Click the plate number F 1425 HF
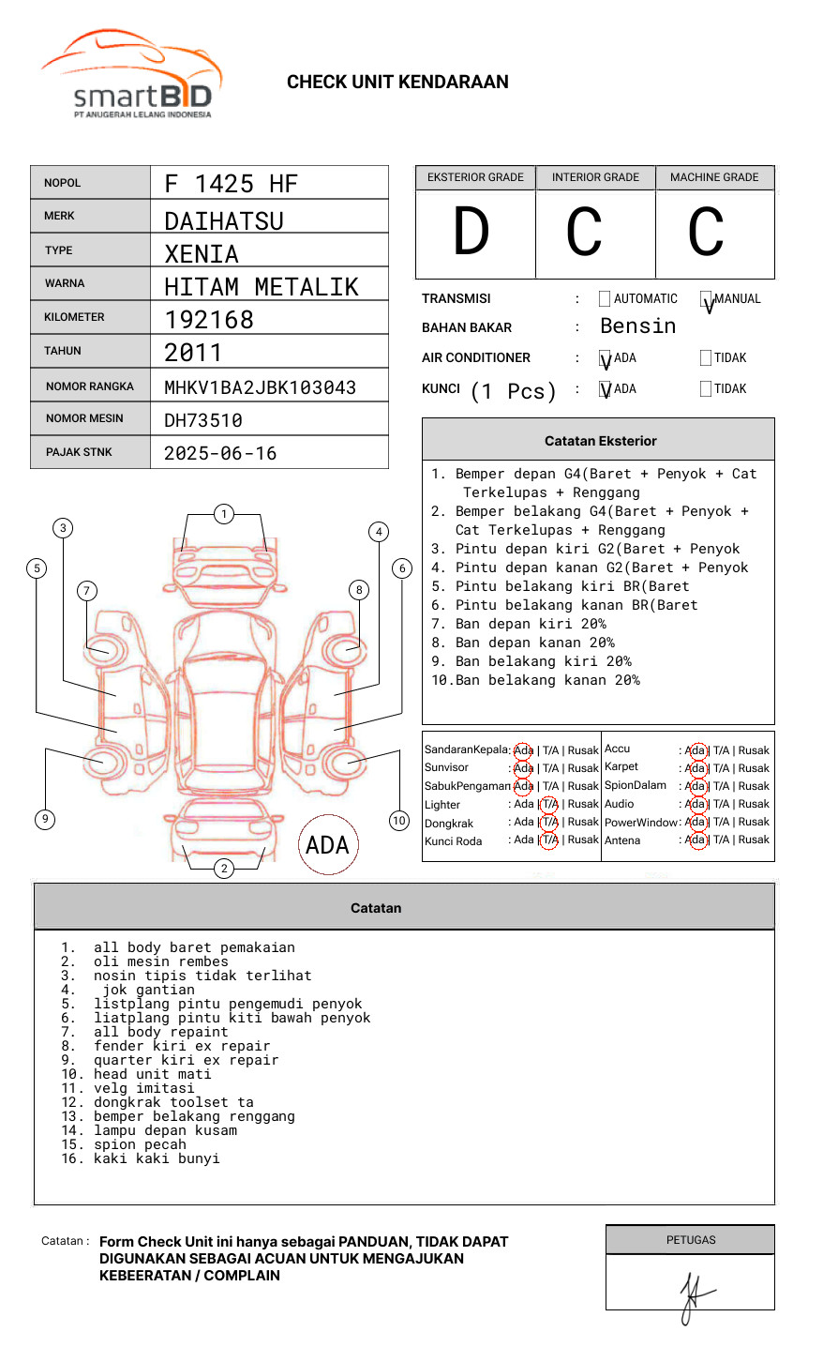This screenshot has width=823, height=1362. (231, 184)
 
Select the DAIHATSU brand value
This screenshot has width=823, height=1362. (223, 221)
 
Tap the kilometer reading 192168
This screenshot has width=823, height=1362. (209, 320)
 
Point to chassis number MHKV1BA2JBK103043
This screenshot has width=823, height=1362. (260, 387)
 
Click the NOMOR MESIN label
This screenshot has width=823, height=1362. (84, 418)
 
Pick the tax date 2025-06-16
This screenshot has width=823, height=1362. (220, 453)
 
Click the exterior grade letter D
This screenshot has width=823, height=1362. (471, 232)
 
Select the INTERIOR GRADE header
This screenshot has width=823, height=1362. (595, 177)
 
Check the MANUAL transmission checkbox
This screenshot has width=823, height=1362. (706, 299)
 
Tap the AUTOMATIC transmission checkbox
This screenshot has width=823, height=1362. (605, 299)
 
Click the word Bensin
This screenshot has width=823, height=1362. (637, 326)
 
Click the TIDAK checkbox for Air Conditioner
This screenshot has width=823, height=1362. (706, 358)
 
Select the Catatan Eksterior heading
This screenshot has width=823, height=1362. (600, 441)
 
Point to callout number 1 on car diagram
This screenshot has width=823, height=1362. (223, 514)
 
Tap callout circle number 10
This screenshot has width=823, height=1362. (399, 821)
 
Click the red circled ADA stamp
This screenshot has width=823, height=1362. (328, 845)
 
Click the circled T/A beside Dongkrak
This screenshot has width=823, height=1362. (549, 822)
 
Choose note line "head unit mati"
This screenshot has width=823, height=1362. (152, 1074)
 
